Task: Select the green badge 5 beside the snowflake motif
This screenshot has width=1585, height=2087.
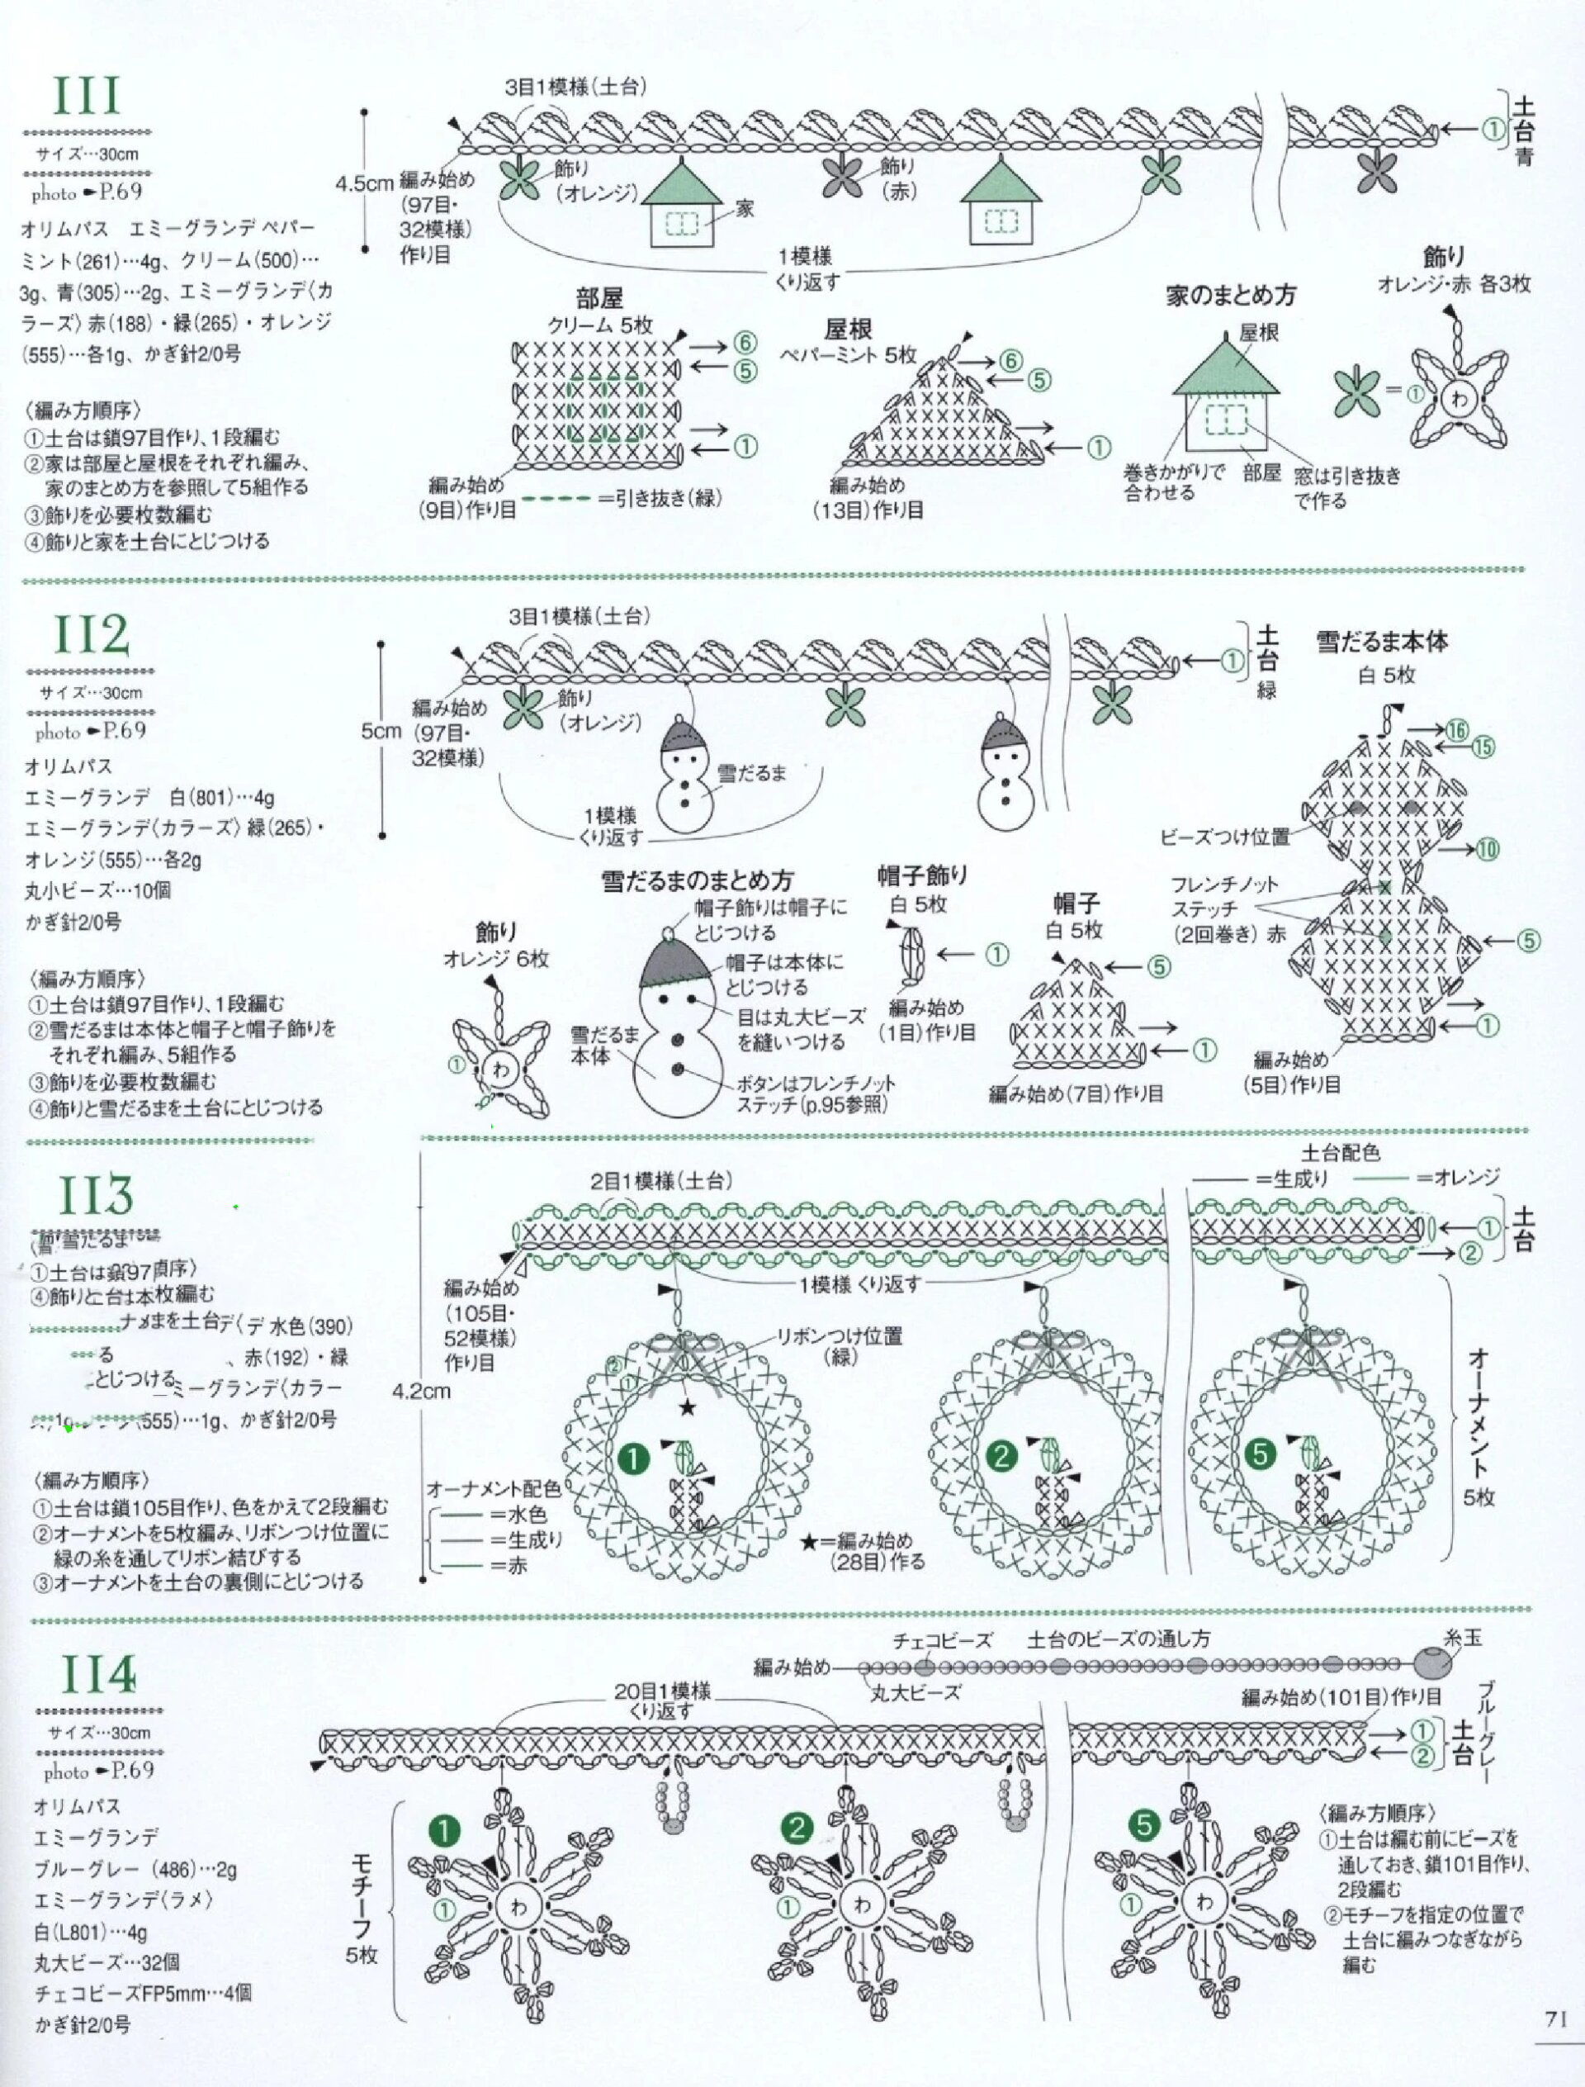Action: pos(1143,1828)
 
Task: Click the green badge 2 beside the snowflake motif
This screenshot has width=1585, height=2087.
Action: pos(799,1828)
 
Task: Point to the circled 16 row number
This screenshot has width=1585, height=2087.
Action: pos(1458,728)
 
